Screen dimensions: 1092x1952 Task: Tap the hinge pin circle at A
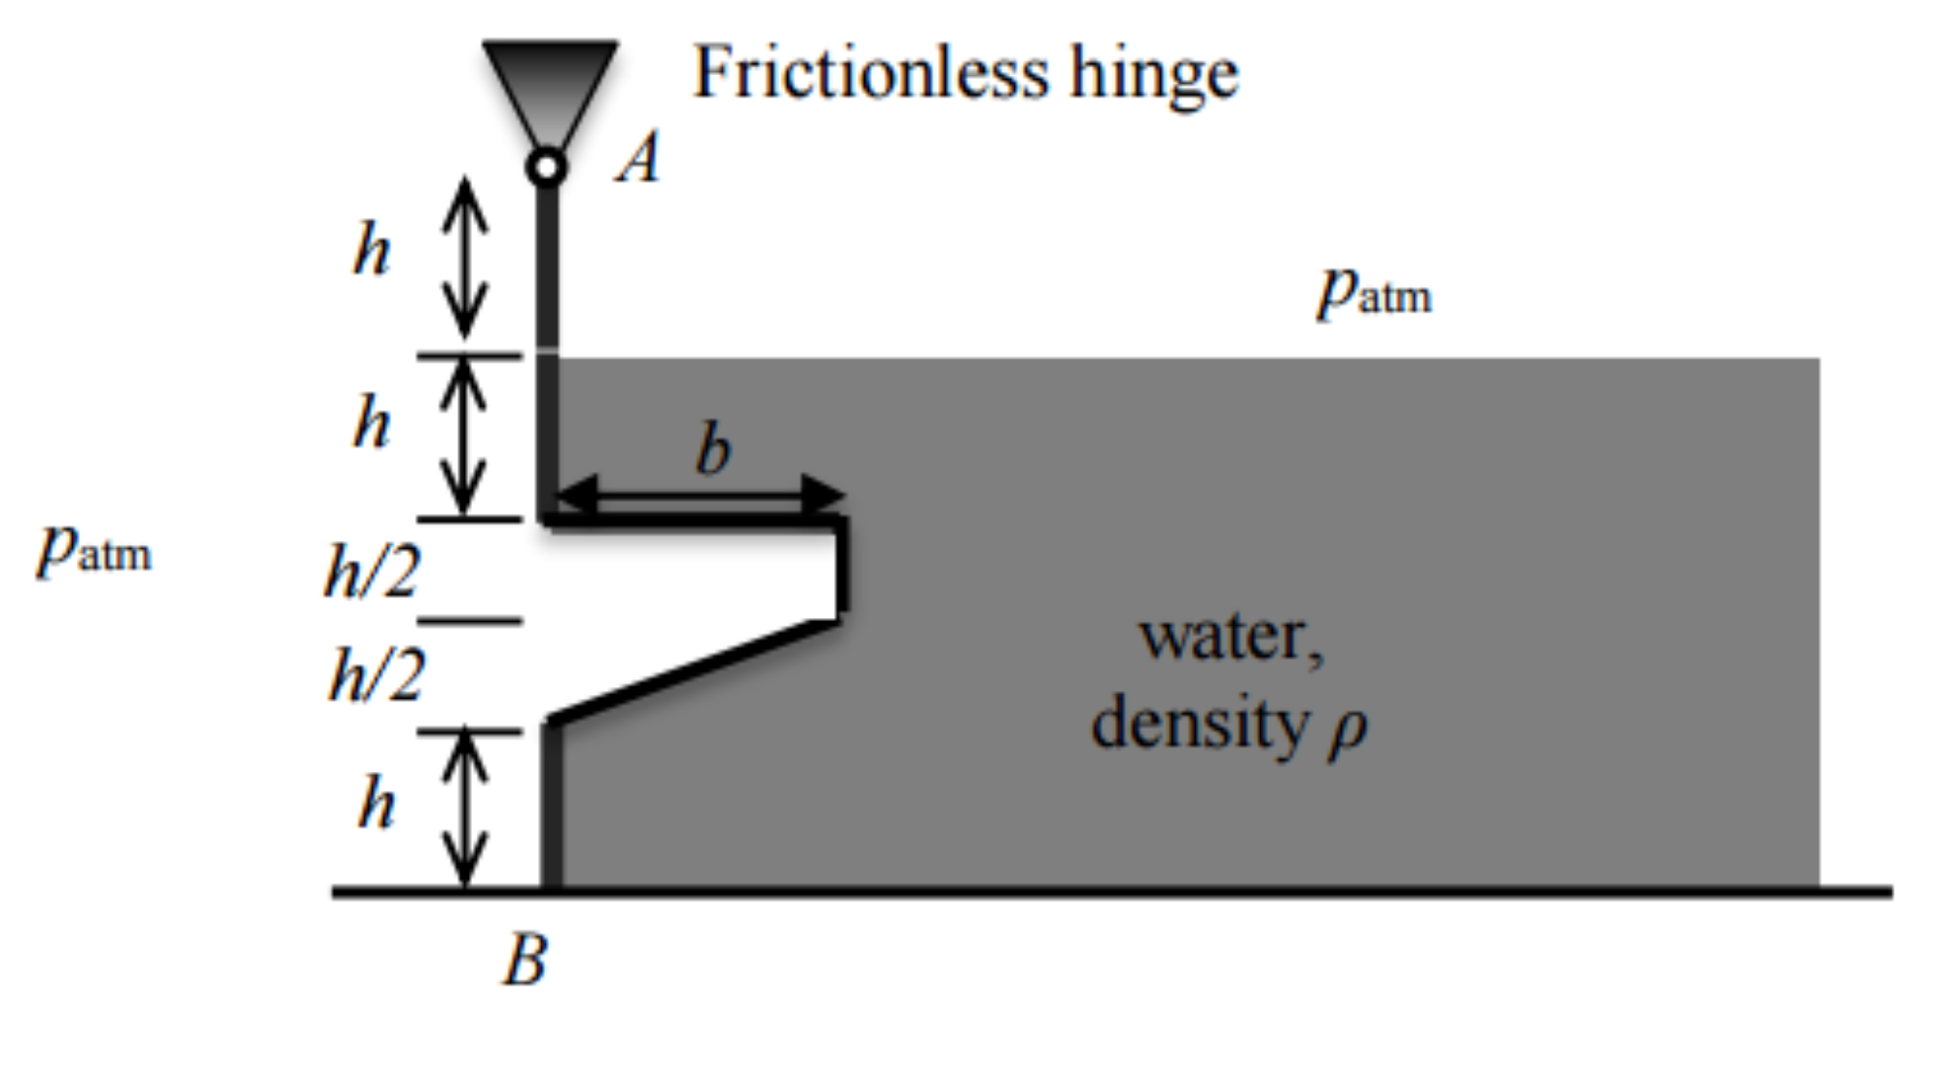[x=547, y=167]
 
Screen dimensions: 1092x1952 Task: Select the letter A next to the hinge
[x=639, y=158]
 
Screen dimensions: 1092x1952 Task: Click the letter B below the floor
[x=525, y=961]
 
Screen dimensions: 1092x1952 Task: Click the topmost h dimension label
[x=372, y=250]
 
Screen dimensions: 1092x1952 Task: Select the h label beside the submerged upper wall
[x=372, y=423]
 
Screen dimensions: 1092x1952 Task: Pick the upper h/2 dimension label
[x=372, y=571]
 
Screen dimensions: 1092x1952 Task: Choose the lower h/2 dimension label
[x=377, y=675]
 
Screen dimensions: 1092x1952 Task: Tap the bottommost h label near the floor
[x=377, y=804]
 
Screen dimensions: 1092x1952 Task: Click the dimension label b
[x=712, y=452]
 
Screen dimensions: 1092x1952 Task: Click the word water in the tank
[x=1231, y=638]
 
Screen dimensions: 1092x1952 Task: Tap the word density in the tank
[x=1200, y=725]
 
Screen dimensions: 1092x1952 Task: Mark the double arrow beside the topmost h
[x=465, y=258]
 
